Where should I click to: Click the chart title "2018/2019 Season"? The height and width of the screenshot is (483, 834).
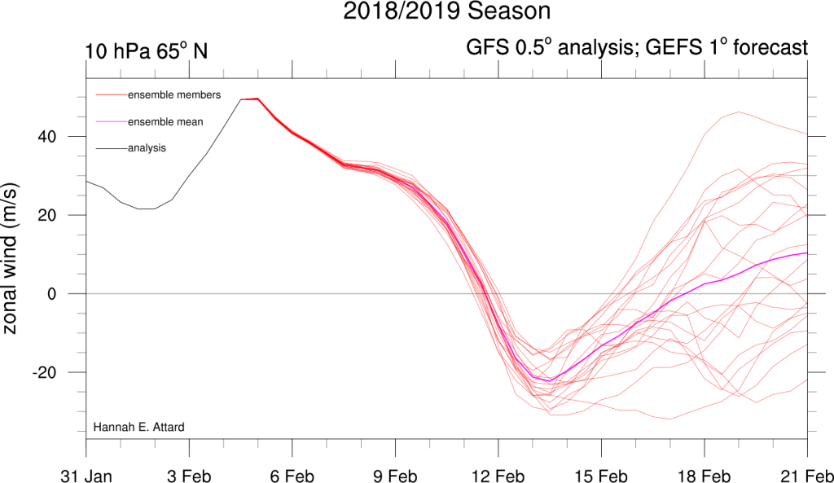pyautogui.click(x=447, y=11)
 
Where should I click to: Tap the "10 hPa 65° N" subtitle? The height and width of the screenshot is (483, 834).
pyautogui.click(x=147, y=51)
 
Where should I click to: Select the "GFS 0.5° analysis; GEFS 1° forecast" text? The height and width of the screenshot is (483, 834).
pyautogui.click(x=637, y=47)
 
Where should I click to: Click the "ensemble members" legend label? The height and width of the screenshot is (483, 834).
pyautogui.click(x=174, y=94)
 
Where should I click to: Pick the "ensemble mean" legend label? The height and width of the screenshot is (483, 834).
pyautogui.click(x=165, y=122)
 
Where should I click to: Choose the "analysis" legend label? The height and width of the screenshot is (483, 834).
pyautogui.click(x=147, y=148)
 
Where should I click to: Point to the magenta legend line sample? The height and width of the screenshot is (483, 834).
pyautogui.click(x=112, y=122)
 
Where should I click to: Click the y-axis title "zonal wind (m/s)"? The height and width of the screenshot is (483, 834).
pyautogui.click(x=10, y=258)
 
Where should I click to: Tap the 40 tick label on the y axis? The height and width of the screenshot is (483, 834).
pyautogui.click(x=46, y=137)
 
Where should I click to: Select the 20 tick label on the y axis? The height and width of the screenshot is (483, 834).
pyautogui.click(x=46, y=215)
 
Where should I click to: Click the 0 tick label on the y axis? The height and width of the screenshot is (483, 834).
pyautogui.click(x=51, y=294)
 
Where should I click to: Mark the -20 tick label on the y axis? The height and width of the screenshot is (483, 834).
pyautogui.click(x=44, y=372)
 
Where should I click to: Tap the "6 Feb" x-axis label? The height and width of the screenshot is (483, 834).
pyautogui.click(x=292, y=476)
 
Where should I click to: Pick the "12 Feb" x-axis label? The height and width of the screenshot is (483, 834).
pyautogui.click(x=498, y=476)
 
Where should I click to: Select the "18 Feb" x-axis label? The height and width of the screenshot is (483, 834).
pyautogui.click(x=705, y=476)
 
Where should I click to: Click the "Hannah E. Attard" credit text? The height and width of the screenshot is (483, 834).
pyautogui.click(x=138, y=427)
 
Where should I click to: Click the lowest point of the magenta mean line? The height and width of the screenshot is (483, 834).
pyautogui.click(x=550, y=380)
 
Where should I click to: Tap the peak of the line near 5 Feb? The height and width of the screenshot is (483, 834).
pyautogui.click(x=257, y=99)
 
